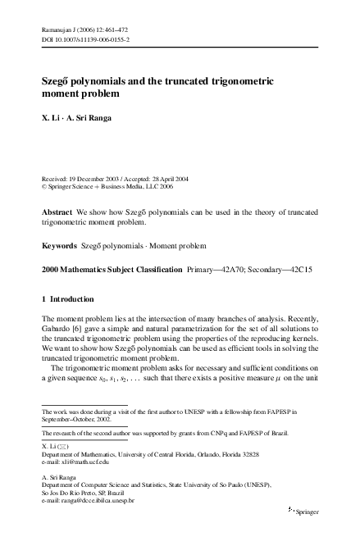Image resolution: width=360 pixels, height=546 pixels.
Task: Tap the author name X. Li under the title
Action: (51, 119)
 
